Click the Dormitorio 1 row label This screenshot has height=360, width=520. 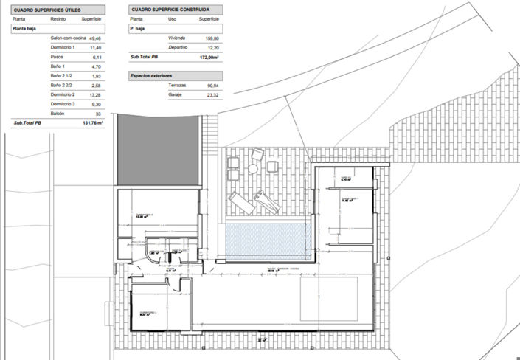click(x=63, y=46)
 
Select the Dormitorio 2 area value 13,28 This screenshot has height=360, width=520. click(x=95, y=95)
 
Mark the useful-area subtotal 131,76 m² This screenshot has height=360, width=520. click(x=94, y=123)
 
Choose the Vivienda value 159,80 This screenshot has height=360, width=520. click(x=212, y=37)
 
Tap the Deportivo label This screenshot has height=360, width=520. click(x=177, y=46)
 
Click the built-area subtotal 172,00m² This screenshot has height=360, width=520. click(x=210, y=56)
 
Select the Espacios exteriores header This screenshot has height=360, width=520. click(x=150, y=75)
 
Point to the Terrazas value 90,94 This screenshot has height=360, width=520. click(x=212, y=85)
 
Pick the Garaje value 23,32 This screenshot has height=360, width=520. click(x=212, y=94)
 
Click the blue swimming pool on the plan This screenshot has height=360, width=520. click(x=266, y=238)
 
